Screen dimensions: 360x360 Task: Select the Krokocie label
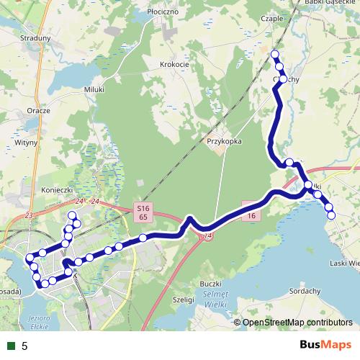tap(174, 64)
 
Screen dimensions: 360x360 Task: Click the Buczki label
tap(210, 284)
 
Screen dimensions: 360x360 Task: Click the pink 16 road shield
tap(251, 215)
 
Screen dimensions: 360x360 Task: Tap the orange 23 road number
tap(29, 215)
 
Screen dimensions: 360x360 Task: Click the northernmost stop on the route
tap(274, 55)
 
